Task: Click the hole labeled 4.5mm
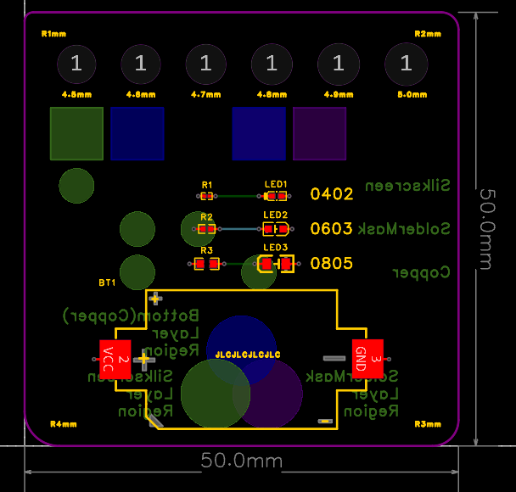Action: pos(76,63)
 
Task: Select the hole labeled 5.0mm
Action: pos(406,63)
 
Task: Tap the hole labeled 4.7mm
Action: pos(205,63)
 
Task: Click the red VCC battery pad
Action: pos(115,359)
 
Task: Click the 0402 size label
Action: pos(332,194)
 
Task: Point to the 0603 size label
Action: pos(332,228)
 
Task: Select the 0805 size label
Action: pos(332,263)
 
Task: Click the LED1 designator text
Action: pos(276,184)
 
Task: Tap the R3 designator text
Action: pos(206,251)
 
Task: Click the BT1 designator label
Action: pos(107,282)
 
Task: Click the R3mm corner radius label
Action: pos(428,423)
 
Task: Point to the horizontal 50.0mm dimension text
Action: pos(241,461)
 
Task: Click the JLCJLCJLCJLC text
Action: pos(248,353)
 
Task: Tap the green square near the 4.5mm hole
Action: pos(76,133)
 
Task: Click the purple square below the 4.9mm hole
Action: pos(320,133)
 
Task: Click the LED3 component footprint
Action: pos(276,265)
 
